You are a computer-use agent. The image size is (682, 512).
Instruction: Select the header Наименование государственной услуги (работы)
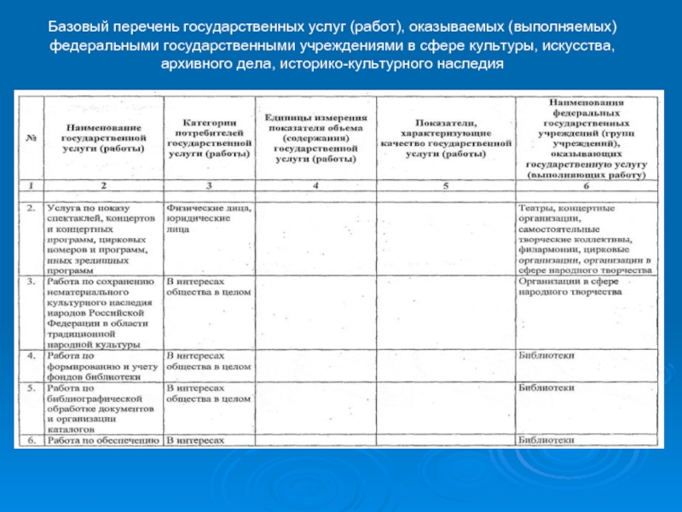(102, 137)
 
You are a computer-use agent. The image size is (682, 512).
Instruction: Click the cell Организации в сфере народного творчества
(569, 285)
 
